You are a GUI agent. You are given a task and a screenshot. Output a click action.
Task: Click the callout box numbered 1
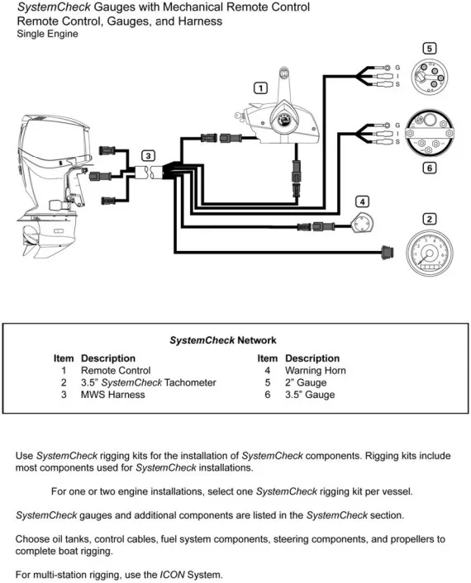(260, 88)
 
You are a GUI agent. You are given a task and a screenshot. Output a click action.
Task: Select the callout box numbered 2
(429, 219)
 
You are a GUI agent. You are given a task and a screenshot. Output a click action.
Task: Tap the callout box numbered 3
(147, 155)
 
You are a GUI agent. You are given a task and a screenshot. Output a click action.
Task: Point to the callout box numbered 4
(361, 201)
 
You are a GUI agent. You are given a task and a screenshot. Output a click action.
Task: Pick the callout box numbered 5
(429, 48)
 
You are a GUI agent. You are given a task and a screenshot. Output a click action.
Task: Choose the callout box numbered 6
(429, 168)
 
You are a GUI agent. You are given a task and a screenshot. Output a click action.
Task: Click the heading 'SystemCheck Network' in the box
(223, 339)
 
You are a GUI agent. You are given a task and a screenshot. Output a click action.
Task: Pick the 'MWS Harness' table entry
(112, 395)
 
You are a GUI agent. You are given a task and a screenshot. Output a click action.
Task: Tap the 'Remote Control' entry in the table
(116, 371)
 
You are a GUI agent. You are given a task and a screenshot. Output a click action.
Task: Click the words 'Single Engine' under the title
(48, 34)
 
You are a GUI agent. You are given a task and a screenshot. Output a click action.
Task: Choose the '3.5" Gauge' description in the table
(310, 395)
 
